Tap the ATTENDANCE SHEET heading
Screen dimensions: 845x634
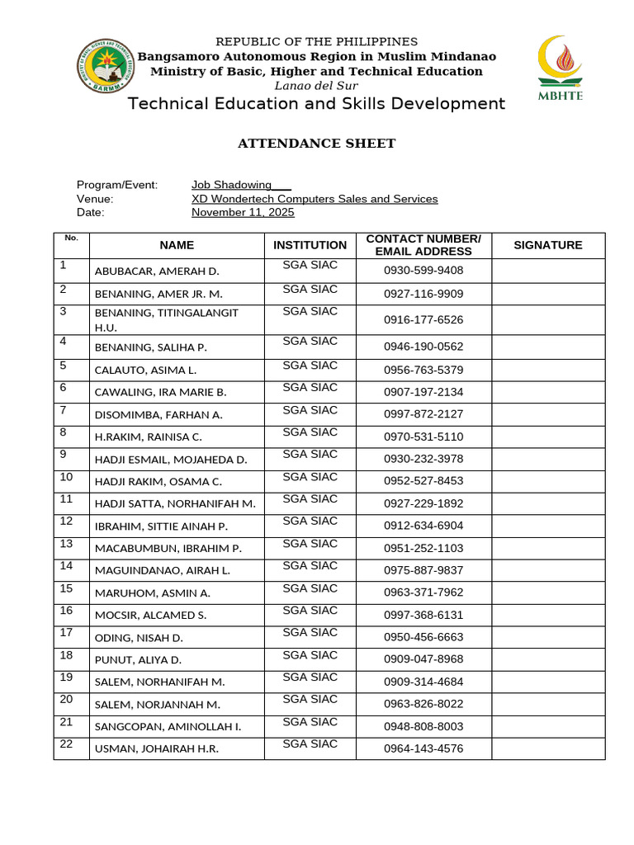[x=316, y=144]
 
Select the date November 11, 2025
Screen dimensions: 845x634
[x=243, y=212]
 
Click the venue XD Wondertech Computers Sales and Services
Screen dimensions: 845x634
[x=315, y=199]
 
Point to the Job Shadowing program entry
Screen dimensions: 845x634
[x=232, y=185]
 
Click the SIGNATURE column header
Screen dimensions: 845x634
[x=547, y=245]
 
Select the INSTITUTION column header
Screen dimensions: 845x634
[x=310, y=245]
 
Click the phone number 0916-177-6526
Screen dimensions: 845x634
[x=423, y=319]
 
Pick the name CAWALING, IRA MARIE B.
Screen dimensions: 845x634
[x=160, y=392]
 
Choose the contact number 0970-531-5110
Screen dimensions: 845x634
[x=423, y=437]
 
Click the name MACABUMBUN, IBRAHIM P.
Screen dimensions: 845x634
[x=168, y=548]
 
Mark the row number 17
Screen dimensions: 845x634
[x=67, y=633]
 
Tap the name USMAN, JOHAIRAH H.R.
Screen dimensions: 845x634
[x=157, y=749]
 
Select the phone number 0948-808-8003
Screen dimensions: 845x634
[x=423, y=726]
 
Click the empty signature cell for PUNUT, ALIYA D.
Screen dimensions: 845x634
[x=547, y=659]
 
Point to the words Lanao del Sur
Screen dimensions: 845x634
[x=316, y=85]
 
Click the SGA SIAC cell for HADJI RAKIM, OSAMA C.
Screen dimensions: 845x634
[x=310, y=477]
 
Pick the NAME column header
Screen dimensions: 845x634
[x=177, y=245]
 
